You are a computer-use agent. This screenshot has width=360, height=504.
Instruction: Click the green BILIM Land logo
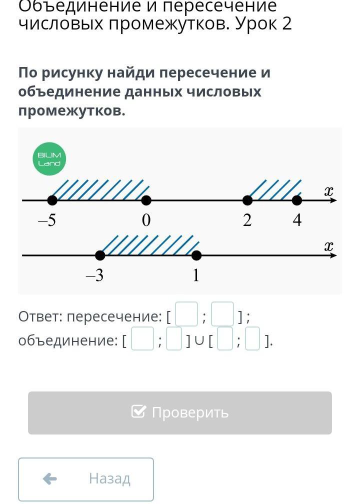49,159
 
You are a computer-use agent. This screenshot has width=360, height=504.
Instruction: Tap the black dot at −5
52,200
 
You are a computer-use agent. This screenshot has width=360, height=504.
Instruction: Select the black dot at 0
146,200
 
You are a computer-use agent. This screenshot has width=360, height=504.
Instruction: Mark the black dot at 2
247,200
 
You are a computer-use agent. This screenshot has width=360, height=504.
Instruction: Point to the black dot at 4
297,200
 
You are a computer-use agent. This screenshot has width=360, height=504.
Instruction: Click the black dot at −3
100,255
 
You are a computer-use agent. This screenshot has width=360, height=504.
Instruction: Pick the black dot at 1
196,255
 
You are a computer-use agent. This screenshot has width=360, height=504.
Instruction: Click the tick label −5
47,221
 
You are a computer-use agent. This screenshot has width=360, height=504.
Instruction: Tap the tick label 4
297,221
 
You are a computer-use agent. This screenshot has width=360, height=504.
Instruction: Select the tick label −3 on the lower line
95,275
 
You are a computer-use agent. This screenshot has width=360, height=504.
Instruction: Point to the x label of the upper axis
328,191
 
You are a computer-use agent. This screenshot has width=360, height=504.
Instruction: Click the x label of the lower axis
328,246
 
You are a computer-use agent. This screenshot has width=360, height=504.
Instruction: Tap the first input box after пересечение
186,314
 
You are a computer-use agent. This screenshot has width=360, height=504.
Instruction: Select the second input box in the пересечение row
222,314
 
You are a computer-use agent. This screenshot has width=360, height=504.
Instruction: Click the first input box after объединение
142,339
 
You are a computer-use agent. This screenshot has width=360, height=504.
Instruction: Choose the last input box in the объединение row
252,339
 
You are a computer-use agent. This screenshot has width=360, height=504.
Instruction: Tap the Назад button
86,479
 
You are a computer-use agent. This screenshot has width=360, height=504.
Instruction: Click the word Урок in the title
255,23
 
